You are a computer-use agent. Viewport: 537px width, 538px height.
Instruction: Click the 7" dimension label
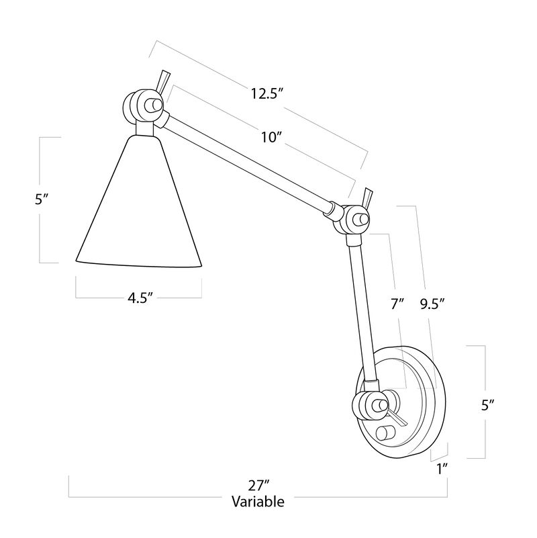point(397,304)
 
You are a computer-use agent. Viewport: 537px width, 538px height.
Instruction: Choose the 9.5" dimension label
point(433,304)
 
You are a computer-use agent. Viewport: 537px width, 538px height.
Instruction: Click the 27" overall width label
point(258,485)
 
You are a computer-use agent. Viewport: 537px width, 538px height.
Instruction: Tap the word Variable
point(258,501)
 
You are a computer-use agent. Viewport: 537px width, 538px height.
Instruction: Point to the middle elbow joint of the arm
point(352,219)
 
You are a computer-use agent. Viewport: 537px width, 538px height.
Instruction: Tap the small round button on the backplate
point(388,433)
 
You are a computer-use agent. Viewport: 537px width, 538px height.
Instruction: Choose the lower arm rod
point(360,309)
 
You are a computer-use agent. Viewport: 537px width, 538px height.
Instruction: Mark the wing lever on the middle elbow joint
point(367,196)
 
